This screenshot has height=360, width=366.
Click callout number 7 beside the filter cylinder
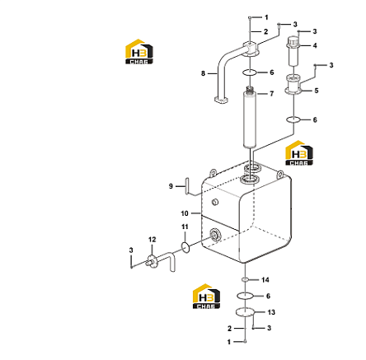[271, 94]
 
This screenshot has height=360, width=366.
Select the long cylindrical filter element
[250, 118]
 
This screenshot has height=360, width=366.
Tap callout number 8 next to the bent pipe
[203, 73]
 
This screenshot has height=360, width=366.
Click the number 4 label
[315, 45]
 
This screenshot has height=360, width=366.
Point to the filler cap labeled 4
[293, 51]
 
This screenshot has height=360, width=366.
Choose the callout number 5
[317, 91]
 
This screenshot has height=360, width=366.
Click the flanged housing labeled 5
[293, 84]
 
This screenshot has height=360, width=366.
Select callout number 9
[171, 186]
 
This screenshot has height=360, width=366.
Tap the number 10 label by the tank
[185, 213]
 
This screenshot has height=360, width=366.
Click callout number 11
[185, 227]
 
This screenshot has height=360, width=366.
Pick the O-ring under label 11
[185, 247]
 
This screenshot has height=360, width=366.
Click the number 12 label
[152, 240]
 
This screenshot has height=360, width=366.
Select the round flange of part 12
[152, 262]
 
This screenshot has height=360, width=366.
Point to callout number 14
[265, 280]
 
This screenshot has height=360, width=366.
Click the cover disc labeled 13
[246, 312]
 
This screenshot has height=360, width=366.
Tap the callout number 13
[271, 312]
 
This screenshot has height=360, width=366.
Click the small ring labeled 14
[245, 279]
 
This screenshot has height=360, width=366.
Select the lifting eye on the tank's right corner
[280, 174]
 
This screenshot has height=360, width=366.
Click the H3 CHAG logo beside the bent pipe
[139, 52]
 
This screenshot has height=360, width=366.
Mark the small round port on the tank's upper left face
[215, 203]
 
